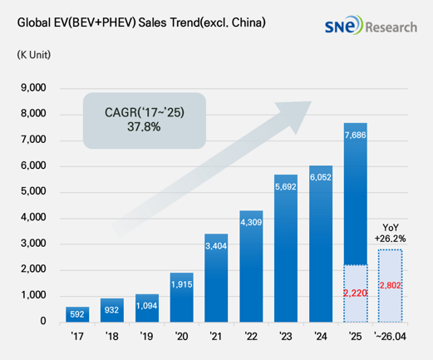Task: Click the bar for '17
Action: click(x=77, y=314)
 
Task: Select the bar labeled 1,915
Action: click(x=182, y=298)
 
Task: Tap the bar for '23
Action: click(x=286, y=249)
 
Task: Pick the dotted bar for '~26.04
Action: click(x=390, y=286)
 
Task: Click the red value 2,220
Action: click(x=355, y=293)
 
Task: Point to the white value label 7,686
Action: click(x=356, y=135)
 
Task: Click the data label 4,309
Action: click(x=251, y=222)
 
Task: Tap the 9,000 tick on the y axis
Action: click(x=33, y=87)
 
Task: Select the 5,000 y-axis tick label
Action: click(x=33, y=191)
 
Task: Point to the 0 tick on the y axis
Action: click(x=43, y=321)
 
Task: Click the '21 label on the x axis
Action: click(x=216, y=337)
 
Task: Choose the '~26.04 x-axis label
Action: click(x=390, y=337)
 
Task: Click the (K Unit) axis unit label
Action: click(x=34, y=55)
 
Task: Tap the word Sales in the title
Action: click(x=153, y=22)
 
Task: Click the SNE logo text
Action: click(x=343, y=25)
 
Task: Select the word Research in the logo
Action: click(x=391, y=27)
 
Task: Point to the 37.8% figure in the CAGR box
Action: click(x=144, y=127)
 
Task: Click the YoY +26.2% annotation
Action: click(x=390, y=233)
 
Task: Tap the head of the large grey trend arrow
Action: click(x=296, y=115)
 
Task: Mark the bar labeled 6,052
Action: click(x=321, y=244)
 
